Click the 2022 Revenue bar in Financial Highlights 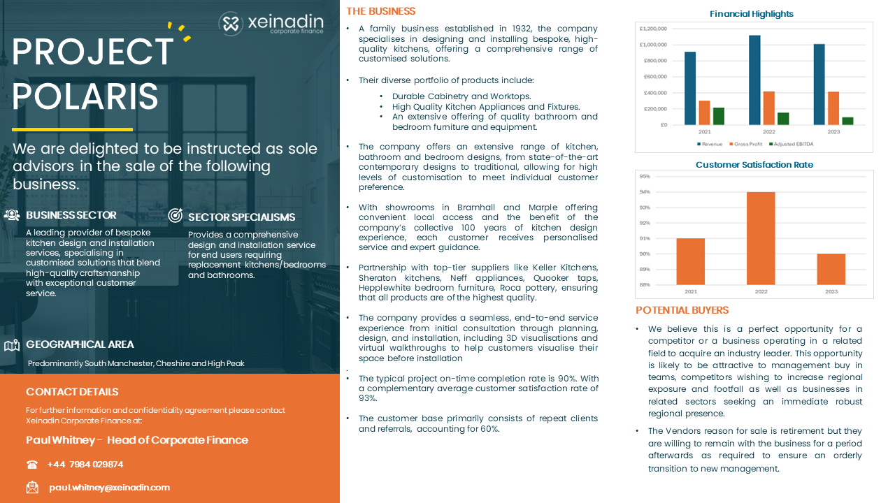click(x=754, y=80)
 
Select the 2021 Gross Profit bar click(x=704, y=112)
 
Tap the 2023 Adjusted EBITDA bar click(x=847, y=121)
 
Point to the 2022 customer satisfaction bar click(x=761, y=238)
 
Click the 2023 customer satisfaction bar click(x=831, y=269)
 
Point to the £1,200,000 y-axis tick click(x=652, y=29)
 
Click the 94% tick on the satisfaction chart click(x=645, y=192)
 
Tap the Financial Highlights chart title click(x=752, y=14)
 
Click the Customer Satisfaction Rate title click(x=754, y=165)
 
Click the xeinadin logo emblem click(x=230, y=24)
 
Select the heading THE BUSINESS click(x=380, y=11)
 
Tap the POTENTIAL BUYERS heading click(x=682, y=310)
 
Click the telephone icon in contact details click(x=32, y=465)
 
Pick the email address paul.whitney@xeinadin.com click(x=109, y=488)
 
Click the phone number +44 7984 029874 click(x=85, y=465)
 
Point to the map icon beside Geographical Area click(x=11, y=345)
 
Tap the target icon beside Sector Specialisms click(x=176, y=216)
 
